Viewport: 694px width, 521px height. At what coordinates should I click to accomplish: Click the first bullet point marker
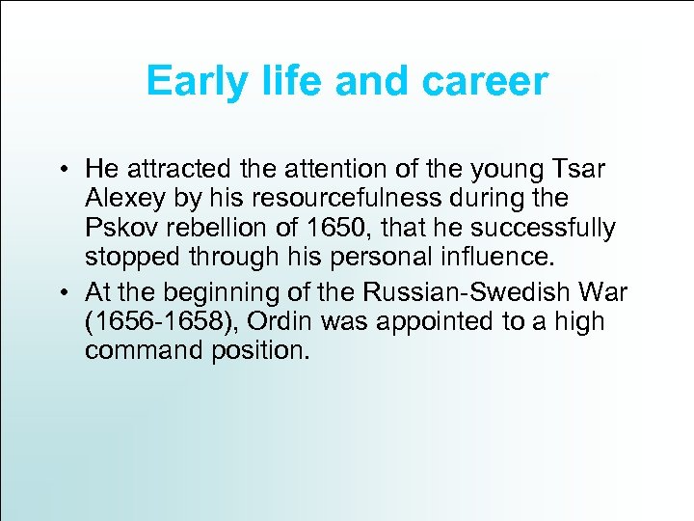pyautogui.click(x=60, y=171)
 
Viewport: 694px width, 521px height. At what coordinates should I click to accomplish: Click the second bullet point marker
pyautogui.click(x=60, y=291)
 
